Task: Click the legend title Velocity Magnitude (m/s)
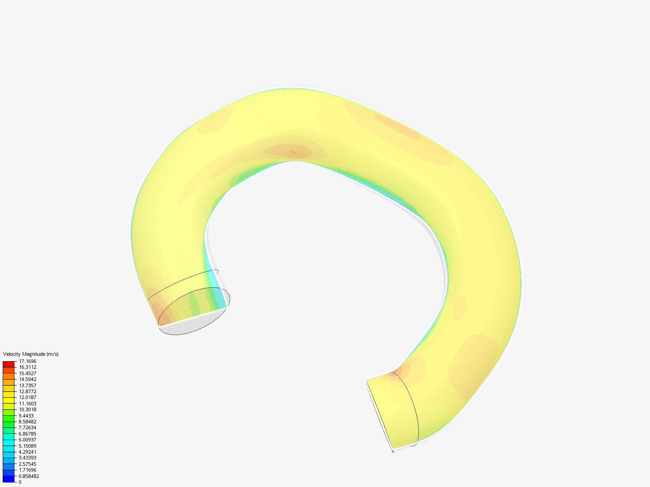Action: [x=31, y=354]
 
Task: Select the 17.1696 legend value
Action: [x=28, y=361]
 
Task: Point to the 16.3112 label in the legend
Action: [x=28, y=367]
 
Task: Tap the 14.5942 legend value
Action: [x=28, y=379]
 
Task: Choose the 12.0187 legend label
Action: [x=28, y=397]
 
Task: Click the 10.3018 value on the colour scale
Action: [x=28, y=409]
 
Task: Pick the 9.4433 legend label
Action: [x=26, y=416]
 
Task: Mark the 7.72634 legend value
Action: [x=28, y=427]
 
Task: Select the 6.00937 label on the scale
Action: [x=28, y=440]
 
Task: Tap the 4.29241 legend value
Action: [x=28, y=452]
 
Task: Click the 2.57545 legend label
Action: [x=28, y=464]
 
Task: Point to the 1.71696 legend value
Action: [x=28, y=470]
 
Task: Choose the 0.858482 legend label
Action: [x=29, y=476]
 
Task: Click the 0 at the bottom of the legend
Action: [x=20, y=482]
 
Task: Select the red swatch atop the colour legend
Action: [x=9, y=364]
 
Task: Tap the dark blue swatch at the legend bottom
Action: [x=9, y=479]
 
